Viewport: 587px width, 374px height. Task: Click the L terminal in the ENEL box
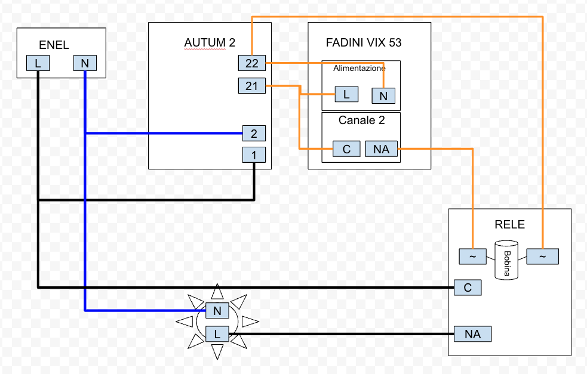38,63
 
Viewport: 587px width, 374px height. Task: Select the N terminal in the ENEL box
85,63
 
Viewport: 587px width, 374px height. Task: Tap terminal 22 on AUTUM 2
251,63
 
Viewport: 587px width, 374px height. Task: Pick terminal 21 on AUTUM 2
251,86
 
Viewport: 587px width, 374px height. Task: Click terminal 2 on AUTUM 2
254,133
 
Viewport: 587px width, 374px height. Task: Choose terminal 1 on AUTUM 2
254,155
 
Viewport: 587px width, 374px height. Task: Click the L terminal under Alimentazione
346,94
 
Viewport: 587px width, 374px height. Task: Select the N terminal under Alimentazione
383,95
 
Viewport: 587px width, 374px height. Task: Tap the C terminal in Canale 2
347,149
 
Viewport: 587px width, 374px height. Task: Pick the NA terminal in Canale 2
381,149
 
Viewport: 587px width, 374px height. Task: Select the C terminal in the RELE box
468,288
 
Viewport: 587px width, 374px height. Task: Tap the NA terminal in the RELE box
472,334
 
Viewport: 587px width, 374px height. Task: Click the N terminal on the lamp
217,310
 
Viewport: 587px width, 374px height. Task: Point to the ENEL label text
54,45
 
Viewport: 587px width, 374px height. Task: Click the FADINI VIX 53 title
364,43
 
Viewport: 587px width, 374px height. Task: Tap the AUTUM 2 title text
210,43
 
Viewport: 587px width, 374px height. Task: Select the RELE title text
510,224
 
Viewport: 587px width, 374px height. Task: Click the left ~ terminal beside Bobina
472,256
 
